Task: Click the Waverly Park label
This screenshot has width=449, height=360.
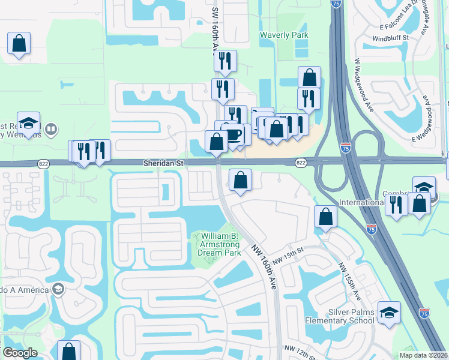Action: click(x=284, y=35)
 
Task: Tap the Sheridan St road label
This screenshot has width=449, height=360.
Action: click(x=163, y=163)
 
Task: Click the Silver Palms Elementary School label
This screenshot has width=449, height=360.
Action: click(x=351, y=316)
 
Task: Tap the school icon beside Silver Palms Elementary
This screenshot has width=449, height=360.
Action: click(x=389, y=313)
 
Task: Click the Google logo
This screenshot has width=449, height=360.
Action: click(x=20, y=353)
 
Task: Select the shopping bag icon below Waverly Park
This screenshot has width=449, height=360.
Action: click(x=309, y=77)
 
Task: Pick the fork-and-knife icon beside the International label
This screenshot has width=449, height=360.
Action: click(x=396, y=205)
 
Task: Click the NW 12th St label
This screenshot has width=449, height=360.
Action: click(x=301, y=352)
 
